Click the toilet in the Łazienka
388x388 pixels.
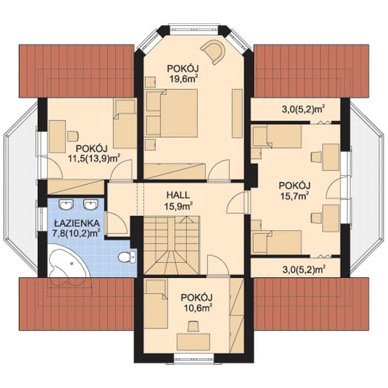[x=127, y=256]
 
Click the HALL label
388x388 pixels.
[x=178, y=195]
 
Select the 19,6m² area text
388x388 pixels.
[x=183, y=79]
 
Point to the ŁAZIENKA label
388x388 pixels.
[x=77, y=223]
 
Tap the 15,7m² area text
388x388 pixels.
[x=294, y=196]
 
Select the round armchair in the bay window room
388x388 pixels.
[x=214, y=52]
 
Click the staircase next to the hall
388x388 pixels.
[x=172, y=245]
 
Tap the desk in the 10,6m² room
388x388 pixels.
[x=193, y=342]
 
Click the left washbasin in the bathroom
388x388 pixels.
[x=67, y=205]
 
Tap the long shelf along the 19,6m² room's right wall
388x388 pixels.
[x=237, y=113]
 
